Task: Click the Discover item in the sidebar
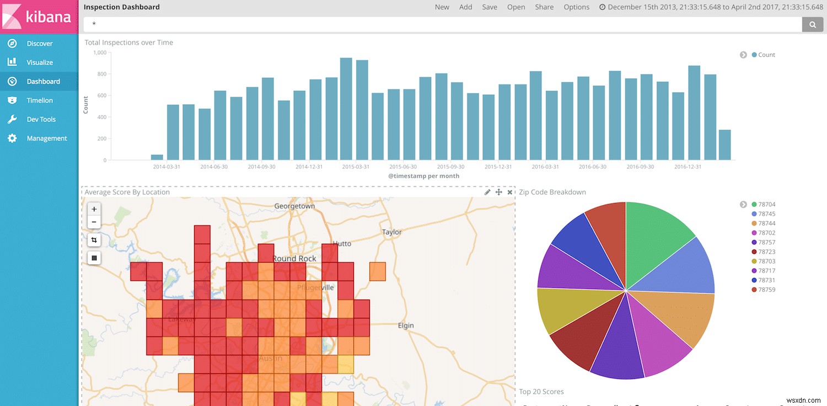tap(40, 44)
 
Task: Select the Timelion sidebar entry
tap(40, 100)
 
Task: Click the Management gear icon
tap(12, 138)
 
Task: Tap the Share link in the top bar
tap(544, 7)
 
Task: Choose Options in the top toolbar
tap(576, 7)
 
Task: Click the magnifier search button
tap(812, 24)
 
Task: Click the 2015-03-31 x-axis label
tap(356, 167)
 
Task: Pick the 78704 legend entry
tap(766, 205)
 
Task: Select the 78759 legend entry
tap(766, 290)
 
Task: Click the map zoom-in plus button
tap(94, 209)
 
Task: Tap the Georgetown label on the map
tap(295, 206)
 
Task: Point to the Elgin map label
tap(406, 325)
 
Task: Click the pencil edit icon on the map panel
tap(487, 192)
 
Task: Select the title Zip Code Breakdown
tap(552, 192)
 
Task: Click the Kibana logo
tap(39, 16)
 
